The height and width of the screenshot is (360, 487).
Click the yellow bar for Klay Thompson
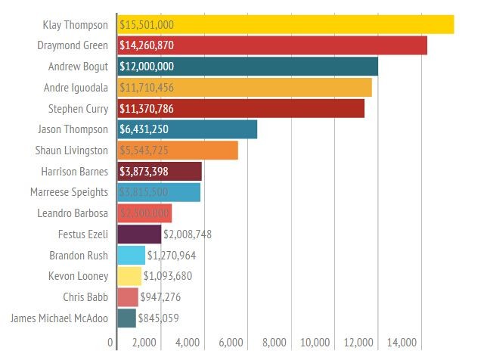point(286,24)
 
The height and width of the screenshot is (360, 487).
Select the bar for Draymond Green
point(272,45)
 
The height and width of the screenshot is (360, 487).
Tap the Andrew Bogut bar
point(248,67)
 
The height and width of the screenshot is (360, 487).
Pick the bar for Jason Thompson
point(188,129)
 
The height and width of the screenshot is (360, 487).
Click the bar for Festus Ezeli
point(139,234)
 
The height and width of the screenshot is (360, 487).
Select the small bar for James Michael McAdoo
point(127,318)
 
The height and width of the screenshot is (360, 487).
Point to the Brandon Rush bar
point(132,255)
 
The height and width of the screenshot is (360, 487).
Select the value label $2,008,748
point(188,234)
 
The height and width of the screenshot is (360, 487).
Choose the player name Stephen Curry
point(78,109)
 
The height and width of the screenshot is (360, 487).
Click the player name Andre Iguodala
point(76,88)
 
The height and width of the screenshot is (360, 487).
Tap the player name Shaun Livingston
point(73,151)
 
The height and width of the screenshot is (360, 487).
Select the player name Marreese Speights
point(70,192)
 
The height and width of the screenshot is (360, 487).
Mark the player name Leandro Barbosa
point(73,213)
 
